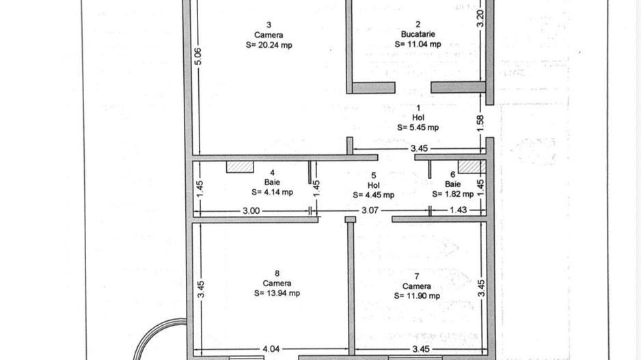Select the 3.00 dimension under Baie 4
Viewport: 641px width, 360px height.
(251, 211)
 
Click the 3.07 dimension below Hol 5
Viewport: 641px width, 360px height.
(370, 210)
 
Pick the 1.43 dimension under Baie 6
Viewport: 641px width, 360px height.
(458, 210)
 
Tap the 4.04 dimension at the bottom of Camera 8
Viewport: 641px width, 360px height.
(272, 350)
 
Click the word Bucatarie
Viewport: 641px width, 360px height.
(418, 33)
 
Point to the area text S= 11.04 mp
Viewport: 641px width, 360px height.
(418, 44)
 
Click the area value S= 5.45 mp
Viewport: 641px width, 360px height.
(418, 127)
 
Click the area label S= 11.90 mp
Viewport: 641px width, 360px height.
(417, 296)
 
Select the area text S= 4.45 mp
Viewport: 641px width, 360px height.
(373, 195)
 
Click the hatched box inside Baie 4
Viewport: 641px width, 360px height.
(241, 166)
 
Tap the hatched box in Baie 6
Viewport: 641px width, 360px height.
(470, 166)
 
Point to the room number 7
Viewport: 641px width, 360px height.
(416, 276)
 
